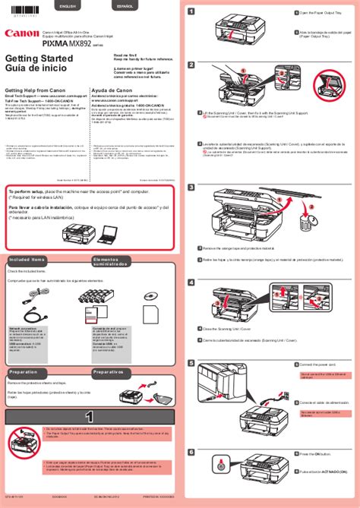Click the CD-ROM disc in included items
coord(152,296)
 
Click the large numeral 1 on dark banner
coord(89,416)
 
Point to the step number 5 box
coord(192,365)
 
